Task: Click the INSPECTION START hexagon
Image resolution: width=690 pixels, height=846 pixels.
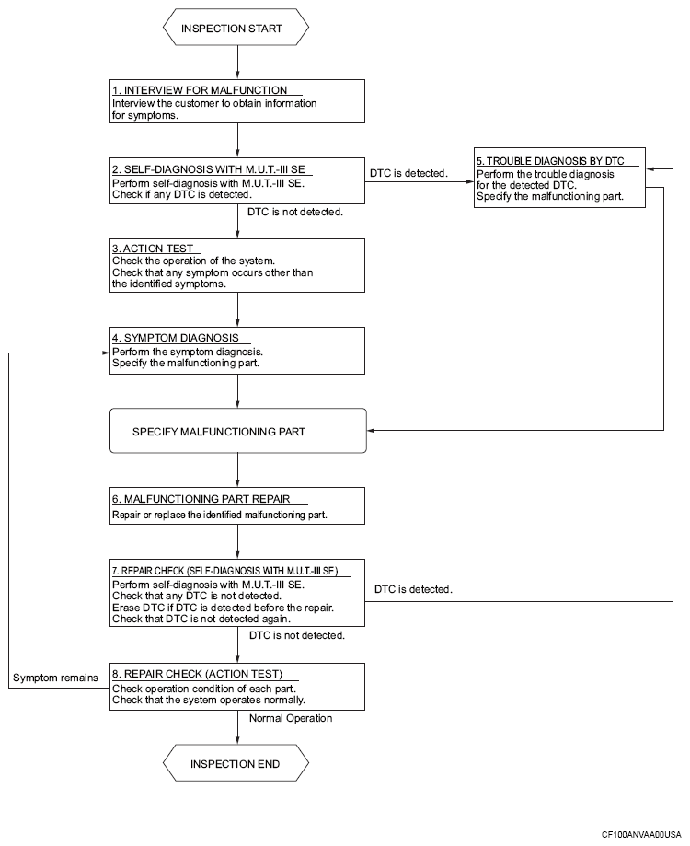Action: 236,27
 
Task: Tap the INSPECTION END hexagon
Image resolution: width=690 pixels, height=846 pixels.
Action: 236,763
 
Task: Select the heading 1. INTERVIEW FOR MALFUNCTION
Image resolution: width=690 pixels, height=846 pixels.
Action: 200,90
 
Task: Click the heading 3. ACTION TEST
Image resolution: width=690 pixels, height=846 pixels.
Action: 153,249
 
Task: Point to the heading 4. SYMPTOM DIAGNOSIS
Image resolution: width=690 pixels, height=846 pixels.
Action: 175,338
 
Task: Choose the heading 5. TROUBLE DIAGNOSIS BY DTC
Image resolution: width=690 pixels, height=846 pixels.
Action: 550,161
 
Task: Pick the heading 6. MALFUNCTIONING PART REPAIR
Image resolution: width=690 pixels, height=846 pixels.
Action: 201,499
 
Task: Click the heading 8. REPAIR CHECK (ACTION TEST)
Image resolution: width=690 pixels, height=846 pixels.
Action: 197,673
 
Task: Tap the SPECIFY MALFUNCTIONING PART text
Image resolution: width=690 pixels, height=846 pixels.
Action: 219,432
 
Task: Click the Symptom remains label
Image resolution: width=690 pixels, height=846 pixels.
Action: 55,678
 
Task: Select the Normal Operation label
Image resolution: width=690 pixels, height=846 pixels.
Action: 291,718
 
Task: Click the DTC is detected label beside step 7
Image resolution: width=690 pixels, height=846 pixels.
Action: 413,589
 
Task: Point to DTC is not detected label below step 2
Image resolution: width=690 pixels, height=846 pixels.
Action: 295,212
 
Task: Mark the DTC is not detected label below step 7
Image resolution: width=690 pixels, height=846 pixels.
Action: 297,635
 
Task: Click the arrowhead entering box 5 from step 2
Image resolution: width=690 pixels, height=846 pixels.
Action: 470,181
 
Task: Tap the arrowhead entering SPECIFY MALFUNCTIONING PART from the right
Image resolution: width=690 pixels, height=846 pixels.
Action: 371,430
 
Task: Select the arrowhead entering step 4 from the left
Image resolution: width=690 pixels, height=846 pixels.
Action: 106,353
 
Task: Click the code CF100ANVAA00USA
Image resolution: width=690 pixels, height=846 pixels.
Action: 641,835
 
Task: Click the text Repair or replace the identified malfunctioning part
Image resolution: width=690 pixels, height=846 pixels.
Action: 219,515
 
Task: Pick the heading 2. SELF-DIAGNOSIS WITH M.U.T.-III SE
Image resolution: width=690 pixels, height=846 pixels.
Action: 209,168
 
